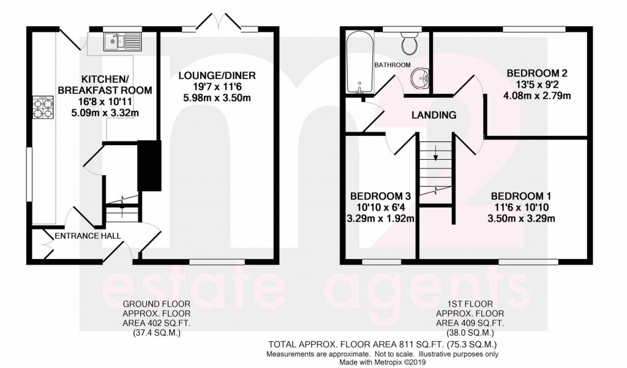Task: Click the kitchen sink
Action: coord(122,42)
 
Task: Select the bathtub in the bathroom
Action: coord(357,62)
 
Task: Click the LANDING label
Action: coord(434,115)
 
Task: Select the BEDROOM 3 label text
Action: coord(380,196)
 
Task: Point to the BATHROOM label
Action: coord(392,65)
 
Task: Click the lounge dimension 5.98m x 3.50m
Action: coord(217,98)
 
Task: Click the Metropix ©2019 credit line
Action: coord(381,361)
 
